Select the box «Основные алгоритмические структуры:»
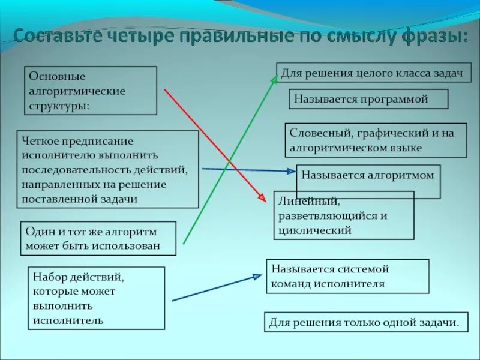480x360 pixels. click(91, 91)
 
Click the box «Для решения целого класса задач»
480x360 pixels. click(373, 73)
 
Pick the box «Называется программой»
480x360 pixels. click(368, 99)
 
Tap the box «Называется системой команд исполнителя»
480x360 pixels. click(348, 276)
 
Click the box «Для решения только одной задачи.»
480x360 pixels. click(364, 322)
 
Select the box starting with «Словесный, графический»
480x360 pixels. click(376, 140)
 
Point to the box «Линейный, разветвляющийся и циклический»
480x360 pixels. click(344, 215)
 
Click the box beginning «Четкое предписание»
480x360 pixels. click(107, 169)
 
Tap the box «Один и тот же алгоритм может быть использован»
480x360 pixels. click(98, 238)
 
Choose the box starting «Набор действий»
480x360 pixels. click(96, 298)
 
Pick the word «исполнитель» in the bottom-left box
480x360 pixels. click(68, 320)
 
